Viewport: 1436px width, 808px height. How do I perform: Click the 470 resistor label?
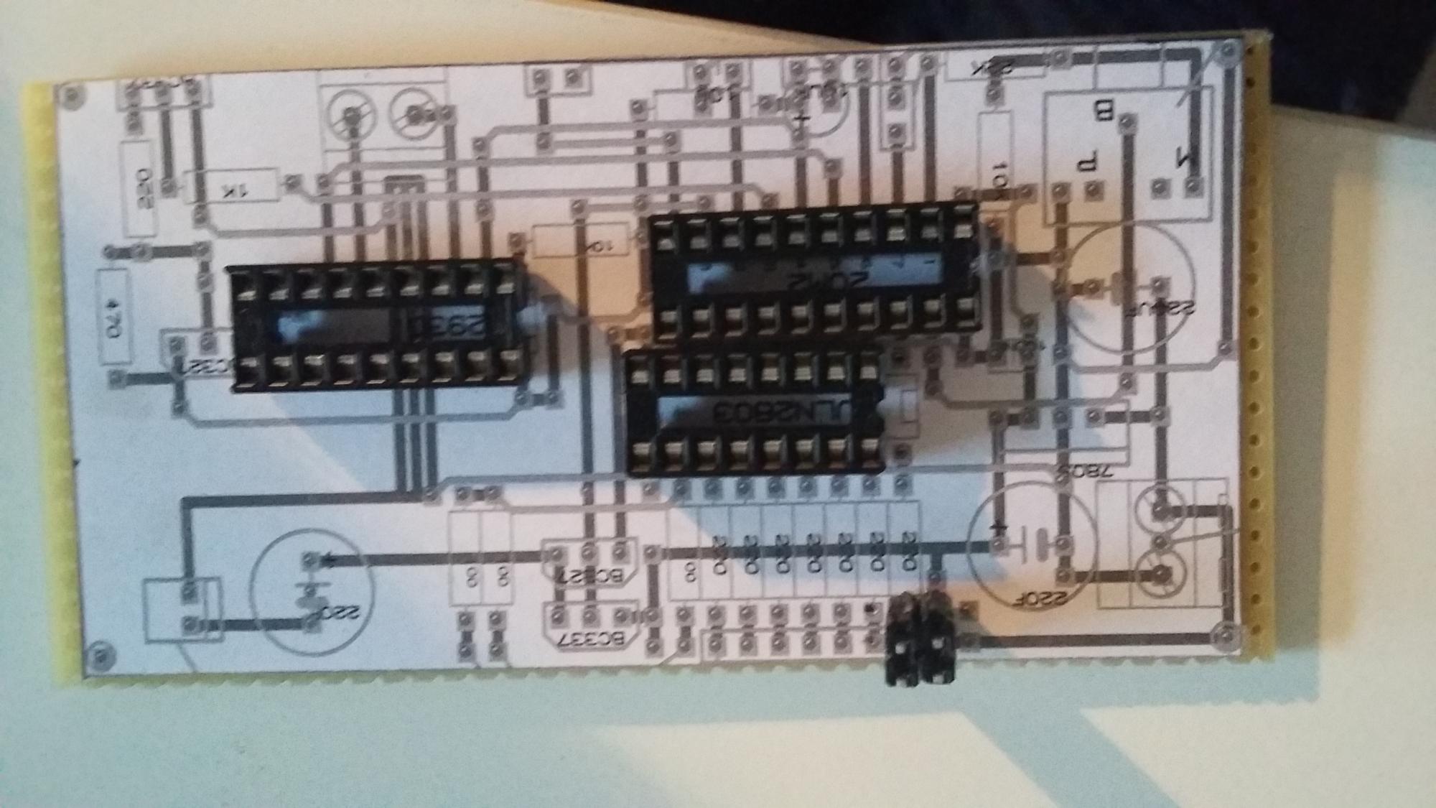(x=113, y=317)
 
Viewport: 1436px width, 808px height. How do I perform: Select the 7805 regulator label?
(x=1083, y=472)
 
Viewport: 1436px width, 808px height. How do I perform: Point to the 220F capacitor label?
(x=1055, y=595)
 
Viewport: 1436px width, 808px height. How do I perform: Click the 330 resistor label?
(x=143, y=188)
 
